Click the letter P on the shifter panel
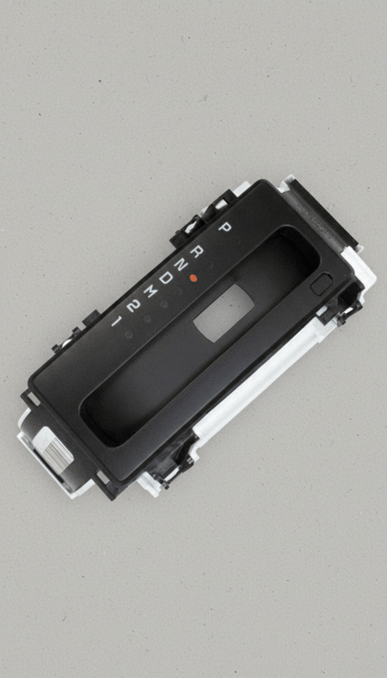click(224, 227)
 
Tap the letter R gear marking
click(197, 251)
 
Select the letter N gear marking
click(182, 264)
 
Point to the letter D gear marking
click(167, 277)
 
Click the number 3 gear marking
click(151, 291)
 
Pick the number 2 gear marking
click(133, 306)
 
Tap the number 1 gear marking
click(116, 321)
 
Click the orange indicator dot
click(193, 279)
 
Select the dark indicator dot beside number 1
click(128, 334)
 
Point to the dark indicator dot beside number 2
click(147, 318)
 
